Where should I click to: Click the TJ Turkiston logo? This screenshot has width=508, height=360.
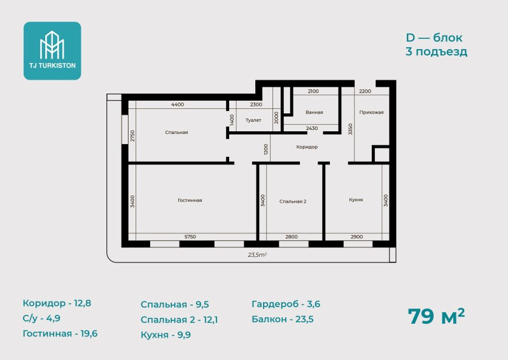coord(52,50)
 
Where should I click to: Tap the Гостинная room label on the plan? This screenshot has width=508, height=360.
coord(190,200)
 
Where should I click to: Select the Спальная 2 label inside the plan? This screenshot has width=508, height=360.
coord(293,201)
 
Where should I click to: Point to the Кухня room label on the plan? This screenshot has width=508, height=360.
coord(356,200)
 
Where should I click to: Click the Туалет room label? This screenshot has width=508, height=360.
coord(253,120)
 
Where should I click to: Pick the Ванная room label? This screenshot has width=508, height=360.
coord(314,112)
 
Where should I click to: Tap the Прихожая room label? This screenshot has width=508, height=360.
coord(371,112)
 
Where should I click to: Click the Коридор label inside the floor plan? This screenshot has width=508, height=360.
coord(307,147)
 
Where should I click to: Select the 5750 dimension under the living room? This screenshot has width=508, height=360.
coord(190,237)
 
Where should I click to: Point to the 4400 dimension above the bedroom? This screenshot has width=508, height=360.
coord(178,104)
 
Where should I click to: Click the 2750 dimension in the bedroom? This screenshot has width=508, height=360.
coord(132,136)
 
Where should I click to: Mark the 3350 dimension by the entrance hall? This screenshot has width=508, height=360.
coord(350,129)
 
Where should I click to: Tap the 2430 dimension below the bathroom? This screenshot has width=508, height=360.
coord(312,128)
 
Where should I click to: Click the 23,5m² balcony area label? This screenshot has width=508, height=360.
coord(257,255)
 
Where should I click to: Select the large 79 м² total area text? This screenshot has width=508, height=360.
coord(436,316)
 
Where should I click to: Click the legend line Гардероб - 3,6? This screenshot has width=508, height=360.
coord(286,304)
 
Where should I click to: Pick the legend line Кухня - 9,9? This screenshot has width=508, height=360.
coord(166,335)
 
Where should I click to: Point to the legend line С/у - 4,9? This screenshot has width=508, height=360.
coord(41,318)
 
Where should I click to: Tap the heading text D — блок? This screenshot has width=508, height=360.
coord(434,38)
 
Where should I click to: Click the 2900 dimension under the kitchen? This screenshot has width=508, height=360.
coord(356,237)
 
